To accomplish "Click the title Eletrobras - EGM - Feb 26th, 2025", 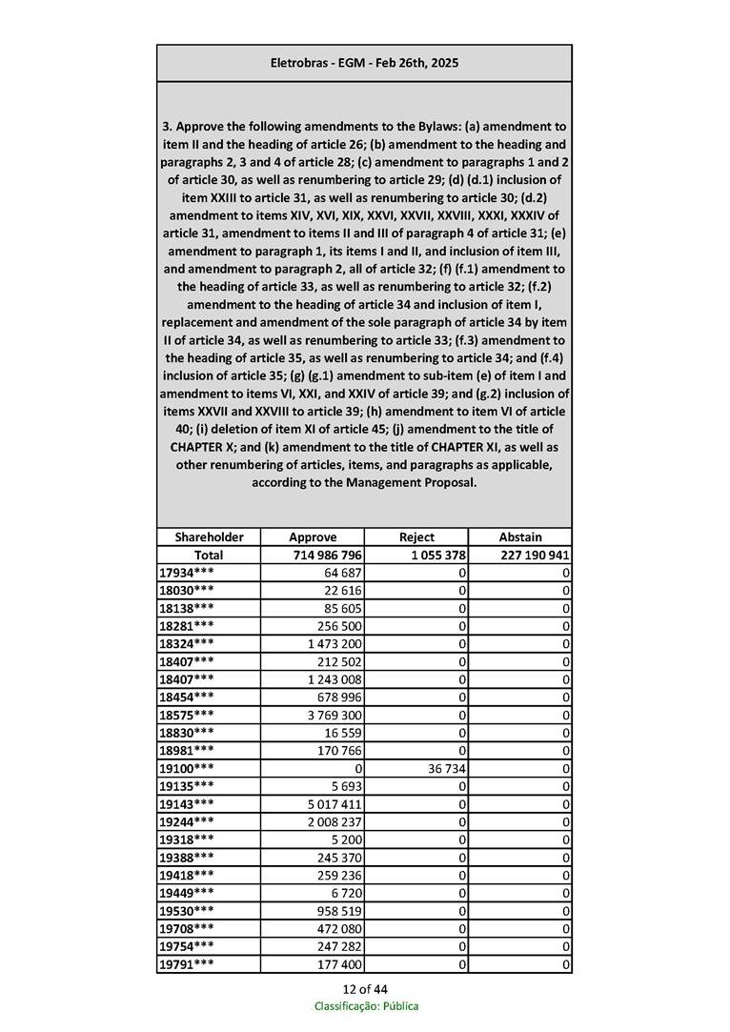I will (364, 63).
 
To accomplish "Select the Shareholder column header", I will (209, 536).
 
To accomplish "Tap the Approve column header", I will (313, 536).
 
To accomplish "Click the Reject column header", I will (416, 536).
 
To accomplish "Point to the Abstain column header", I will (520, 536).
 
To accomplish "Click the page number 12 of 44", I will (365, 988).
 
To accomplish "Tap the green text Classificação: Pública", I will (366, 1005).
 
